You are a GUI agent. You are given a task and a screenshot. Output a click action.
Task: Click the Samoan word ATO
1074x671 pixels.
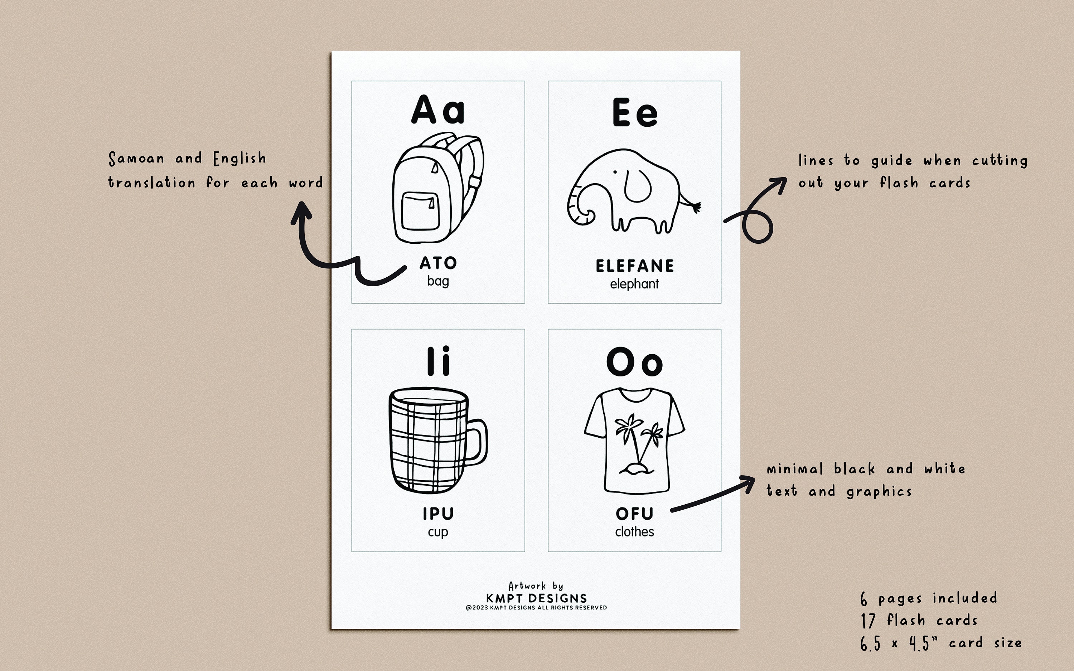coord(438,263)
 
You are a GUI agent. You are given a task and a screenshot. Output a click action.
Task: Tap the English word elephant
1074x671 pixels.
coord(634,284)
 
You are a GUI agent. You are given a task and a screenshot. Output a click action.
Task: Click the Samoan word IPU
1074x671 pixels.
coord(438,514)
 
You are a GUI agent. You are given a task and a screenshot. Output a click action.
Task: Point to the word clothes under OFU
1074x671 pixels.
coord(634,532)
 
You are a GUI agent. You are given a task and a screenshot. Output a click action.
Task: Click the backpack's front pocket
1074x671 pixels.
coord(420,211)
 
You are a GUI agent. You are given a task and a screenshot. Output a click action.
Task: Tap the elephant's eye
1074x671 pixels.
coord(615,172)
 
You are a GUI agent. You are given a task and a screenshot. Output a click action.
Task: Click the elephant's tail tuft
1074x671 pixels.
coord(696,207)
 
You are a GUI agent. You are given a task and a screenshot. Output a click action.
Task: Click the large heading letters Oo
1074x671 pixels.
coord(634,362)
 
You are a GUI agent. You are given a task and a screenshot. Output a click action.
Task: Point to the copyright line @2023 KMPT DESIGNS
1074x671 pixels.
coord(536,608)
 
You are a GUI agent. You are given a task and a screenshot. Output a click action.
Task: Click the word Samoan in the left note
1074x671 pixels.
coord(136,159)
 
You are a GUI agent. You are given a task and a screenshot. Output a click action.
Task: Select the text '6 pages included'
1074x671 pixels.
coord(928,598)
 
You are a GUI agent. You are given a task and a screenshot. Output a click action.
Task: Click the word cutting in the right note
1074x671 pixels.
coord(1000,161)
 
